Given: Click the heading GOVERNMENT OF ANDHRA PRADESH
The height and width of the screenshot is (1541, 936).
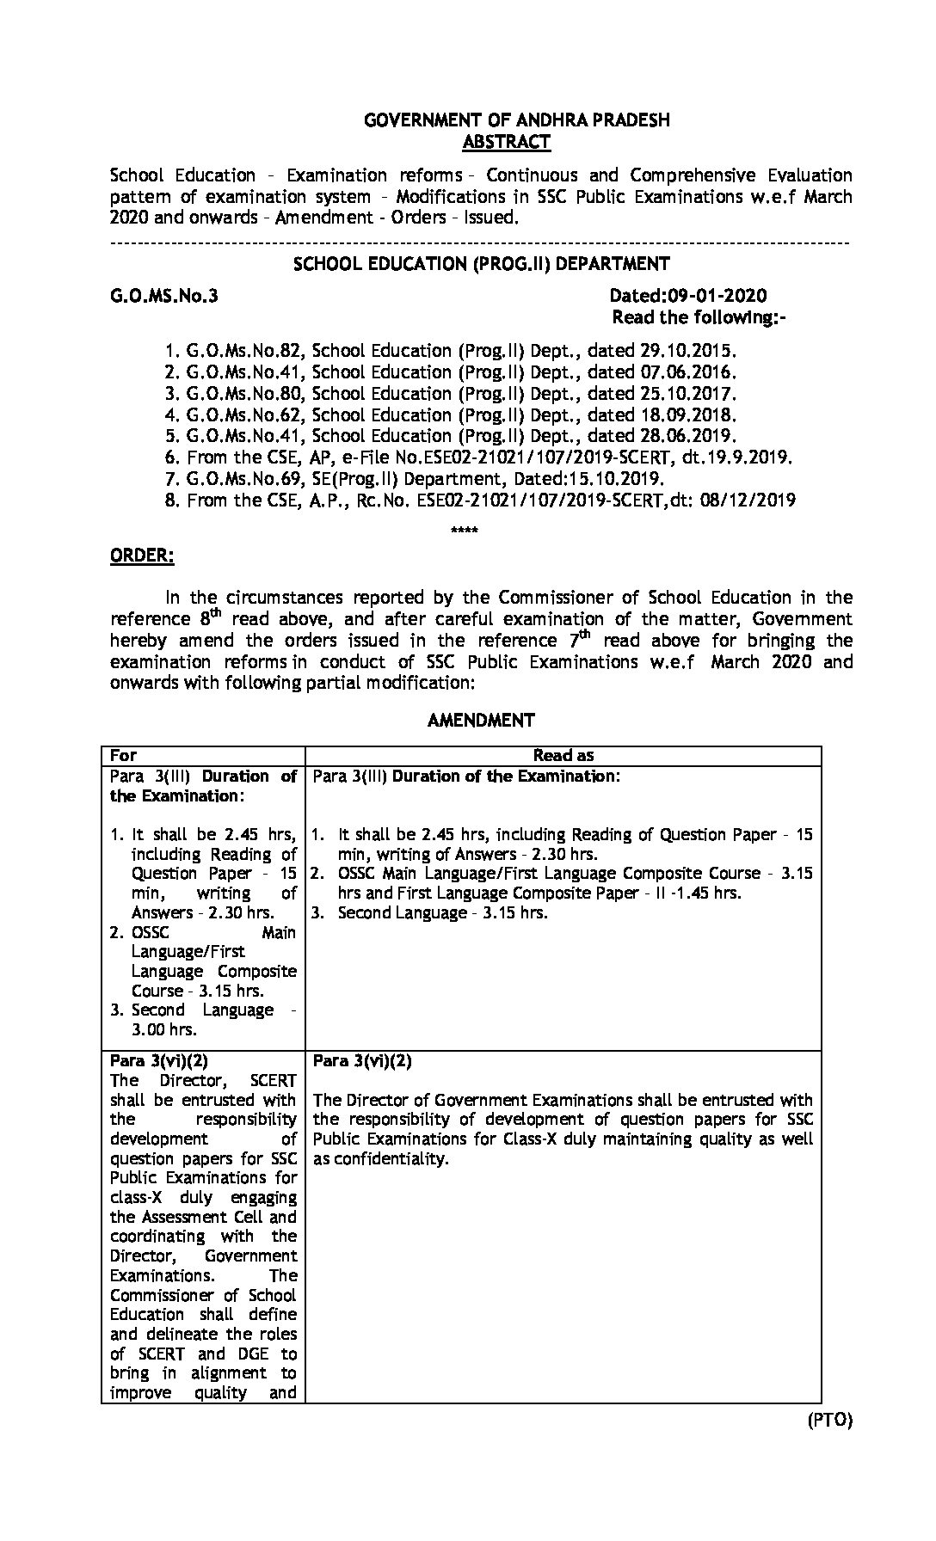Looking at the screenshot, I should coord(516,121).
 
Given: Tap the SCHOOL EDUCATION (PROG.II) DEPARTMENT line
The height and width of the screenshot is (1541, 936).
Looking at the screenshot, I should coord(481,264).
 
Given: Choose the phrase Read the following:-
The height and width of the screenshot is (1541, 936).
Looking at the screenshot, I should coord(699,318).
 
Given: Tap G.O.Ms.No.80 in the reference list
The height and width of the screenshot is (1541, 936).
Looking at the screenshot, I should coord(245,394).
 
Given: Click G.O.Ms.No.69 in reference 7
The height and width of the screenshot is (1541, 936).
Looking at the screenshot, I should coord(245,479).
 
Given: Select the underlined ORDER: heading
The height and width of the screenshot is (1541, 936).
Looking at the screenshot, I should coord(142,556).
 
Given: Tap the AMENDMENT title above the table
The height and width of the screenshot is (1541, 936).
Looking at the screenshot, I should coord(481,721).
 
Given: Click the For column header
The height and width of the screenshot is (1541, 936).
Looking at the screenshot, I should coord(124,756).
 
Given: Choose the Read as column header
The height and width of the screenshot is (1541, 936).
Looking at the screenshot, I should coord(563,756).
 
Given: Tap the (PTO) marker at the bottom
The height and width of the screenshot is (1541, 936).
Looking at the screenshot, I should coord(829,1421).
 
